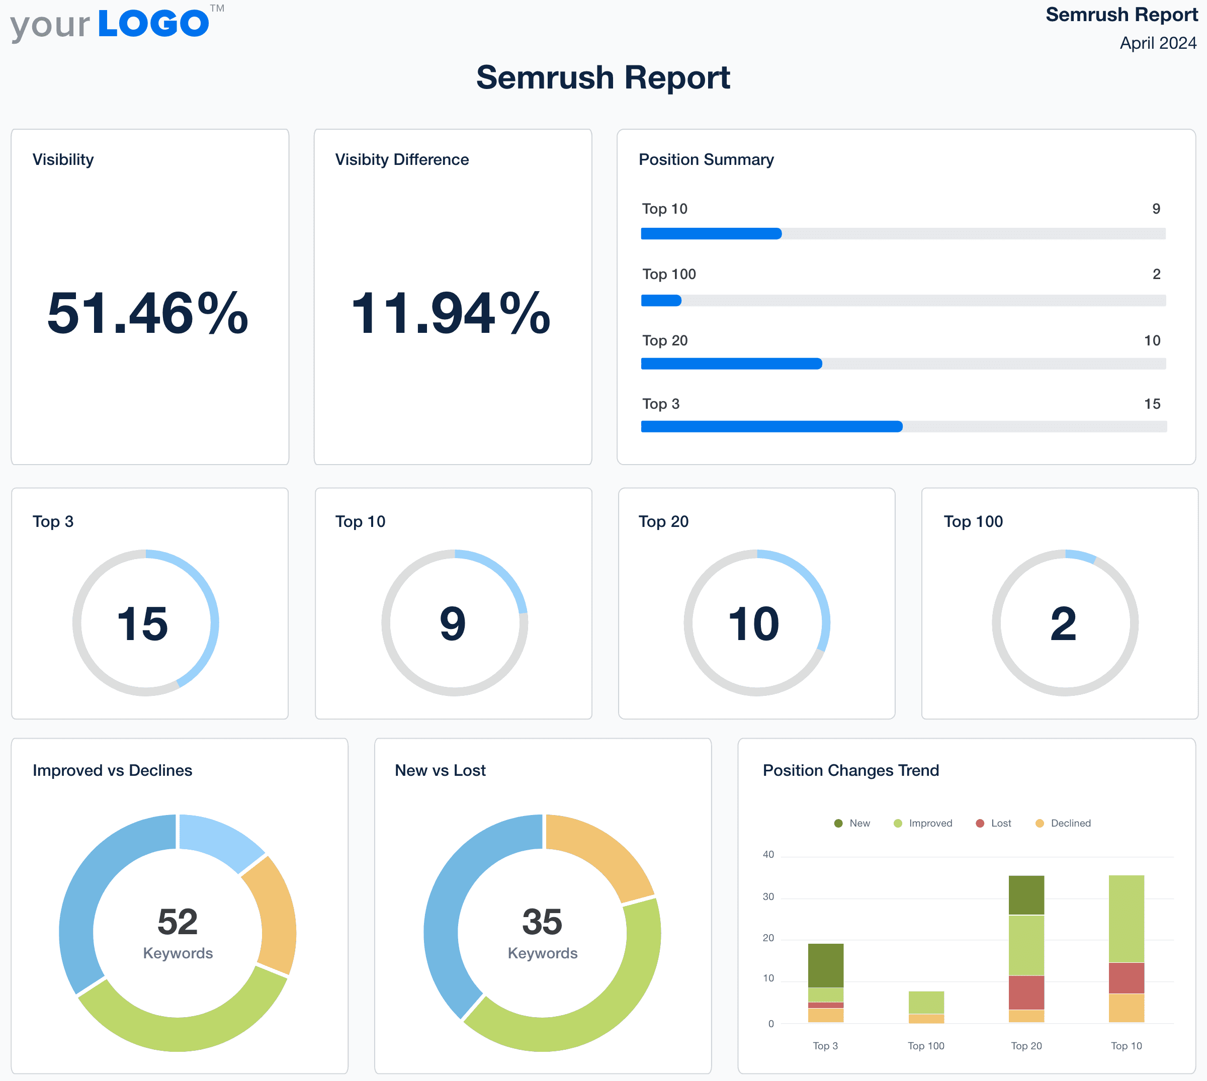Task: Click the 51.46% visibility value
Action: [x=148, y=313]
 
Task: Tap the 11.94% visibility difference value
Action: [x=451, y=313]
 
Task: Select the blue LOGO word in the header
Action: [x=153, y=24]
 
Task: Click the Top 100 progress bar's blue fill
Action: [x=660, y=301]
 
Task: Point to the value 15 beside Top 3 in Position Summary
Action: [x=1152, y=404]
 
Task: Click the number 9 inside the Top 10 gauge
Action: [x=453, y=623]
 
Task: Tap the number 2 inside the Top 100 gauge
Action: [x=1063, y=623]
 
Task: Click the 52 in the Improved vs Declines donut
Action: [x=177, y=922]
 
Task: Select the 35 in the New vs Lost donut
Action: [x=542, y=922]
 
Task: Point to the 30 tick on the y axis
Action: [x=768, y=897]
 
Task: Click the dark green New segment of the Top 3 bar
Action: [x=825, y=965]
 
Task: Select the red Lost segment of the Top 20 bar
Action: [x=1026, y=993]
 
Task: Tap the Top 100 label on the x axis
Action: [x=925, y=1046]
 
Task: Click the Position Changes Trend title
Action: [x=850, y=770]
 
